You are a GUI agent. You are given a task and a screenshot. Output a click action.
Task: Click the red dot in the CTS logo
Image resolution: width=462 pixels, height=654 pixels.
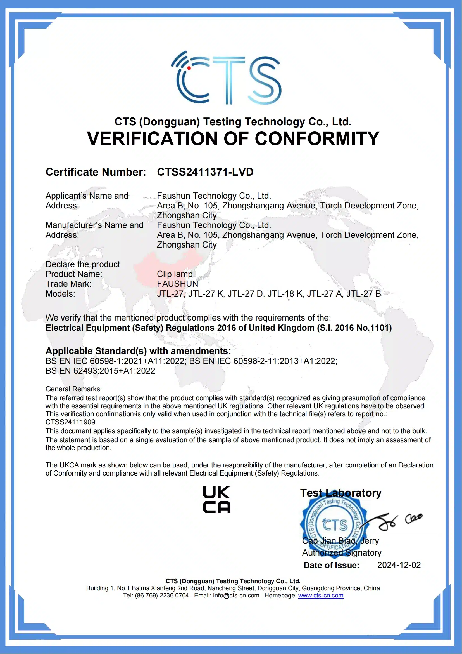pos(189,68)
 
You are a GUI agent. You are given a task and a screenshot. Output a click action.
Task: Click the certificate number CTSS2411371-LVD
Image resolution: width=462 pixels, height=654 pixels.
pos(205,172)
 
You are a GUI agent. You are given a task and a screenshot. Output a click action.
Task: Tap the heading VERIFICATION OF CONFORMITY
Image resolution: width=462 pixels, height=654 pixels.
pos(233,139)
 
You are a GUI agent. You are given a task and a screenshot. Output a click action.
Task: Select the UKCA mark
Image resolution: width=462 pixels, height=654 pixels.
pos(216,500)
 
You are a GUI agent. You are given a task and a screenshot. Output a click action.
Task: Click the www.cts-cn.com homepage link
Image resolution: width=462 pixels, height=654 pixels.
pos(321,595)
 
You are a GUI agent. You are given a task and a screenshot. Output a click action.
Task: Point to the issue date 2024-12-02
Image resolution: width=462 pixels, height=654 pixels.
pos(399,565)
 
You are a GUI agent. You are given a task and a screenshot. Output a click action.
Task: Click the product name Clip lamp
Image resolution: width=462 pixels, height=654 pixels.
pos(175,274)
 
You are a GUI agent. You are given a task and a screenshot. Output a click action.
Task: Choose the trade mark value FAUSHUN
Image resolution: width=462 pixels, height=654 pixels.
pos(177,284)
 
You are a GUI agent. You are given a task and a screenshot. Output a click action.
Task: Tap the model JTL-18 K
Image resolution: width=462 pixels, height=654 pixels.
pos(285,294)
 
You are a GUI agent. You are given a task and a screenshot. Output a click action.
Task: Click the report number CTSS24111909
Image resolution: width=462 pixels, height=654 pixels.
pos(71,422)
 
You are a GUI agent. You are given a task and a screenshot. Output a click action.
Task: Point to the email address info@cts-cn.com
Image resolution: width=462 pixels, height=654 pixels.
pos(236,595)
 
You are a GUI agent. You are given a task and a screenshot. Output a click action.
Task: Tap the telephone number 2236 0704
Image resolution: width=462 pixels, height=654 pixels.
pos(174,595)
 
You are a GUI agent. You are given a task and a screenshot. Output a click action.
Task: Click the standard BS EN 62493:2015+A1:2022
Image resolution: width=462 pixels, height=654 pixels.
pos(101,371)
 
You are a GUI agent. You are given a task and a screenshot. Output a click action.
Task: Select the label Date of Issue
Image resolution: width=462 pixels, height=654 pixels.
pos(332,565)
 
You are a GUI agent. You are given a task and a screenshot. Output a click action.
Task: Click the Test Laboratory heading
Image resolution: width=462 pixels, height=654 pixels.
pos(340,493)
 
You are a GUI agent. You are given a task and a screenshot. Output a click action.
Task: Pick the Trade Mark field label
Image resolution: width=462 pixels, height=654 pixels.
pos(68,284)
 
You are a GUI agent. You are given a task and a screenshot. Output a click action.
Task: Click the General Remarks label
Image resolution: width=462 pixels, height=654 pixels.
pos(73,389)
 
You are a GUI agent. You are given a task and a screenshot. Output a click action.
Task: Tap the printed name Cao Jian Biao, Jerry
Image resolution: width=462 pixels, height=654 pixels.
pos(340,541)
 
